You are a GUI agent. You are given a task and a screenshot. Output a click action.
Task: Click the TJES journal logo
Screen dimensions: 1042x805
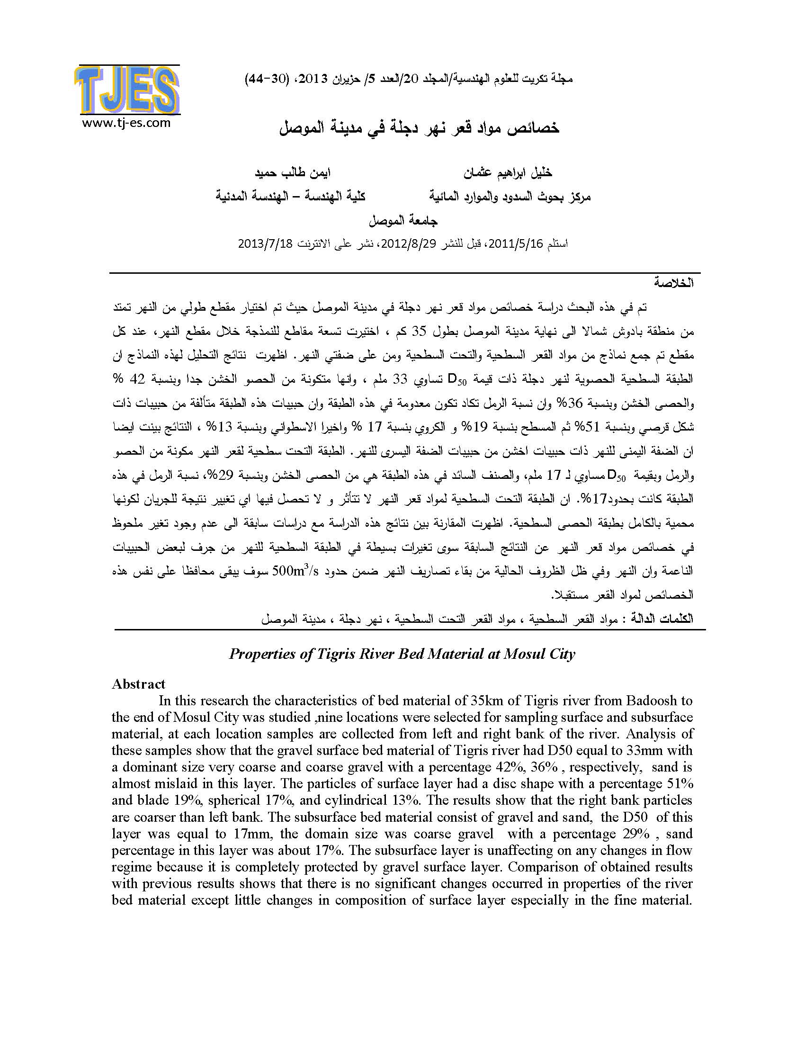point(127,90)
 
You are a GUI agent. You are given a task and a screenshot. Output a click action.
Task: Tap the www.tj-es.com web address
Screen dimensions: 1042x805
point(126,123)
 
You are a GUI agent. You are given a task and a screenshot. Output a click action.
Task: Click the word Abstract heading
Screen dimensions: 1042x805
point(138,683)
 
